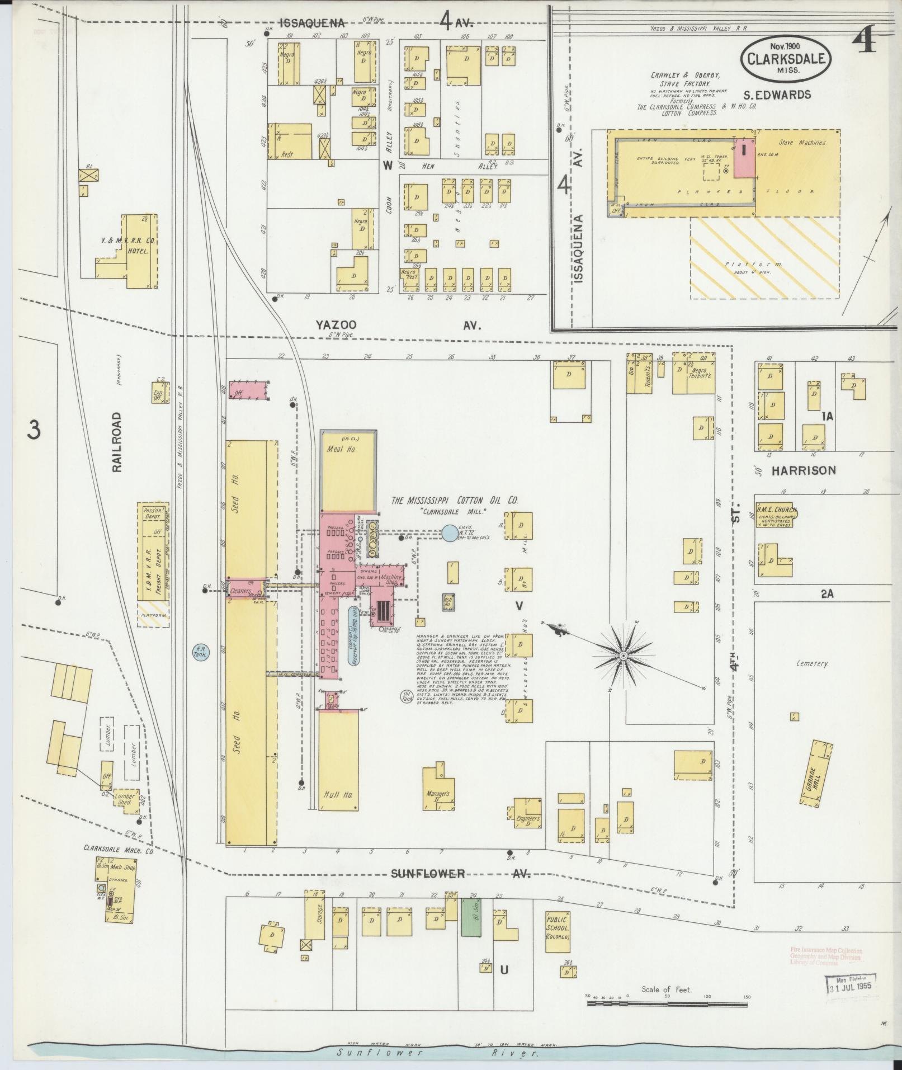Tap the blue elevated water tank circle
449,533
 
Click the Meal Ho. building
348,471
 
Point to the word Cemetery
813,663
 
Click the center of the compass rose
623,654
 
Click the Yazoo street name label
336,325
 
